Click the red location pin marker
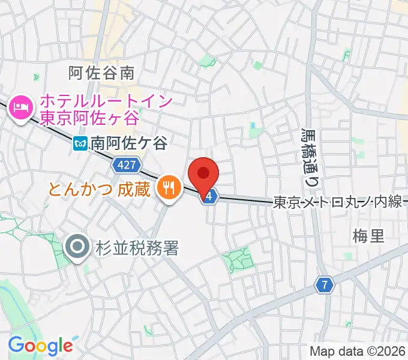203,175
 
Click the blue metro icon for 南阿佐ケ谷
80,143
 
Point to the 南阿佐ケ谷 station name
129,143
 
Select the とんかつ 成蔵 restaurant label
99,190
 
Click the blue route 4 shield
209,197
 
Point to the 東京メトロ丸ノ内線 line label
337,202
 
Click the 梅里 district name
368,235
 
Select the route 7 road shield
325,285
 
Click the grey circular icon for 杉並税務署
79,247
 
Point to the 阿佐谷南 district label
101,73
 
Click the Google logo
40,345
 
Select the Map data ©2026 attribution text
358,351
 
